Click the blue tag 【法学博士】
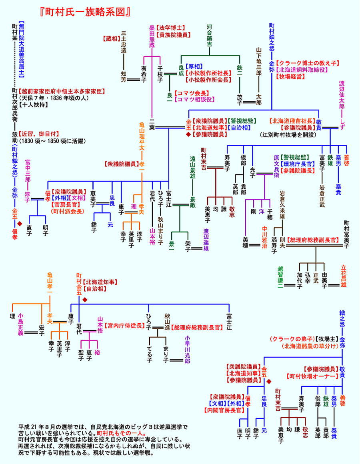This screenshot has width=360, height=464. click(170, 28)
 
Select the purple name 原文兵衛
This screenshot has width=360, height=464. click(276, 164)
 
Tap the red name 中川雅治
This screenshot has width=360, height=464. click(264, 238)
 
